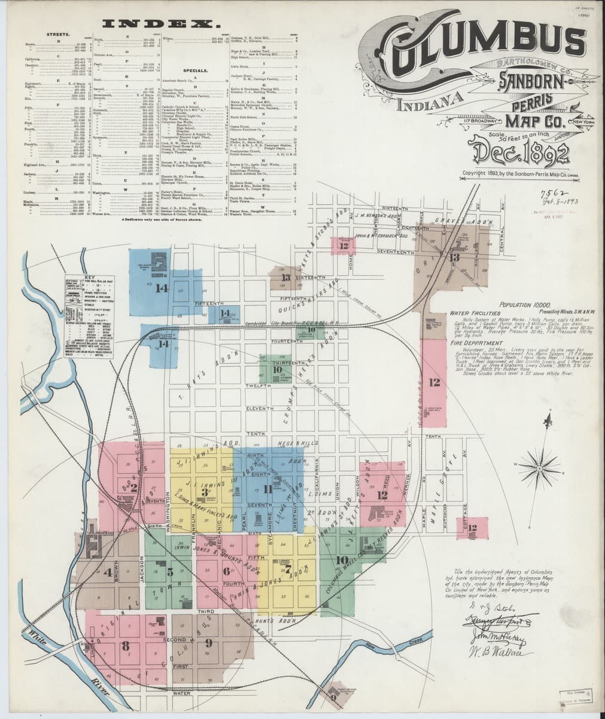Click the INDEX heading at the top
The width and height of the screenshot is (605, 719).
point(160,24)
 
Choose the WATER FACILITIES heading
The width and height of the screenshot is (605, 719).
point(475,313)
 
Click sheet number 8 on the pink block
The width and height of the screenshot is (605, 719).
point(125,646)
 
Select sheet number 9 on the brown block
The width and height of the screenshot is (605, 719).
point(208,643)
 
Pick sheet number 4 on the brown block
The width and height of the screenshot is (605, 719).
point(108,572)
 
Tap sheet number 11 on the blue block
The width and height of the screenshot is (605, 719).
point(267,490)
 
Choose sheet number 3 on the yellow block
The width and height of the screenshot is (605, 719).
point(205,492)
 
